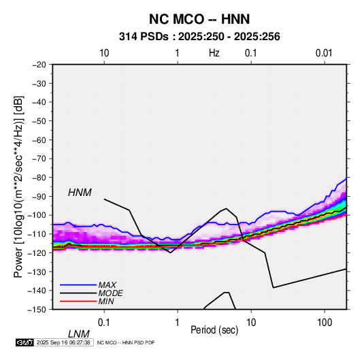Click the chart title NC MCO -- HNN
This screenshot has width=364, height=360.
coord(199,19)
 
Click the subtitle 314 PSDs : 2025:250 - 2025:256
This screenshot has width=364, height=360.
coord(199,37)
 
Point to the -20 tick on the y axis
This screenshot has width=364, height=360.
coord(39,65)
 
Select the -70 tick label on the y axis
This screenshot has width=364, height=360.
coord(39,159)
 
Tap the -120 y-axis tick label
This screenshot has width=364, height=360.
coord(37,252)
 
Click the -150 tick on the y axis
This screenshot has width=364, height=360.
coord(37,310)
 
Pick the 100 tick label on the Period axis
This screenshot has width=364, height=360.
coord(325,323)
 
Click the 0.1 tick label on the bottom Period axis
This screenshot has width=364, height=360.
coord(104,323)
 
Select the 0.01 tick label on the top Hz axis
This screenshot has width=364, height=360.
coord(324,53)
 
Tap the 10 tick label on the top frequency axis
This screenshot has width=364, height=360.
coord(104,53)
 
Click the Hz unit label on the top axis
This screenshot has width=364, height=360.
coord(214,53)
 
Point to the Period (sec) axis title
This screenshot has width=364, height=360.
coord(214,330)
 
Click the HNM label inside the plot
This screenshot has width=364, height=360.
coord(80,193)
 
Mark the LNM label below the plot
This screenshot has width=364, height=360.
coord(78,334)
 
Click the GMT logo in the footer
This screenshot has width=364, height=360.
coord(24,342)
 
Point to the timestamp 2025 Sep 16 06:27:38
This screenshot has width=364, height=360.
coord(63,342)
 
